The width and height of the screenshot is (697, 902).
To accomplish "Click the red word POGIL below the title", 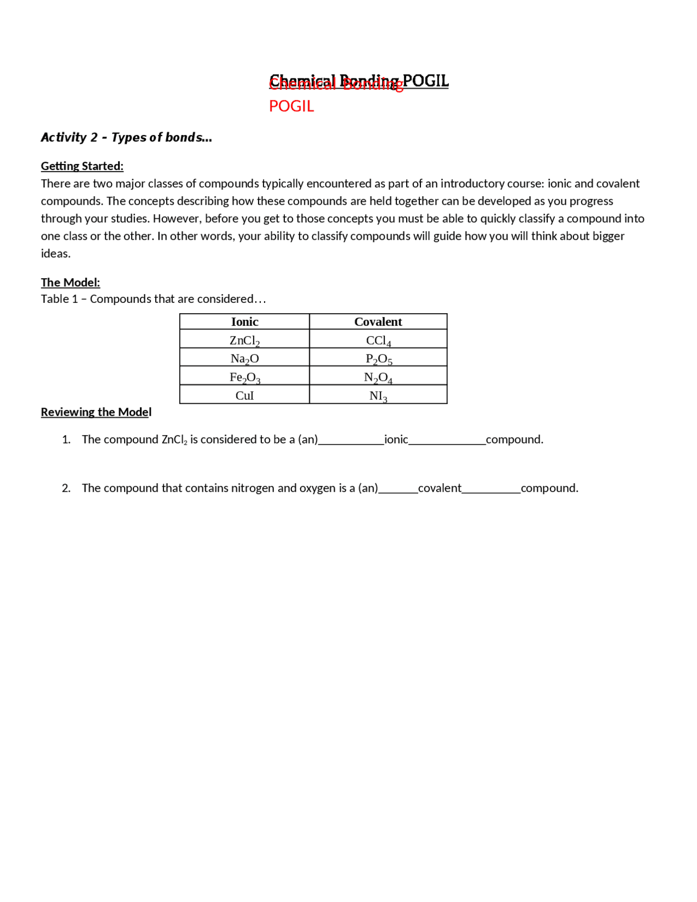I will (x=291, y=106).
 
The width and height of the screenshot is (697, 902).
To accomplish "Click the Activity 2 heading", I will (x=126, y=137).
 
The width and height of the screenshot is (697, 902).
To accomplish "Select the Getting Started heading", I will (x=82, y=166).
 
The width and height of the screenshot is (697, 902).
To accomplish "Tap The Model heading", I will (x=70, y=282).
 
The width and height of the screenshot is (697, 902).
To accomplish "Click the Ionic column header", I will (x=244, y=321).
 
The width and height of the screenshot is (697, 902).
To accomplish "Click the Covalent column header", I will (x=378, y=321).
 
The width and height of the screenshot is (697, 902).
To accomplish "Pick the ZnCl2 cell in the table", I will (x=244, y=340).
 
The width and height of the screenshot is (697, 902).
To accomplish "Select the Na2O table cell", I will (x=244, y=358).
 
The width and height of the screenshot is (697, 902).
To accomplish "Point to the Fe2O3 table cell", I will (x=244, y=377).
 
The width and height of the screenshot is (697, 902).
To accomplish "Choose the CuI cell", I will (x=244, y=395).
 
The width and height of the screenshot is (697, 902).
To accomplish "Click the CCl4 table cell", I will (x=378, y=340).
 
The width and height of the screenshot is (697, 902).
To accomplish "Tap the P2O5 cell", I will (x=378, y=359).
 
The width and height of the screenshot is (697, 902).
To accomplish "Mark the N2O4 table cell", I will (x=378, y=377).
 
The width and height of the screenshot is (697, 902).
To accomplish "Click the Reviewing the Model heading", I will (x=96, y=412).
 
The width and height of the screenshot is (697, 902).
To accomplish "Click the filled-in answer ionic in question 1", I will (x=396, y=439).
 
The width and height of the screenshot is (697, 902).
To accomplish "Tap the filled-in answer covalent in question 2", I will (x=439, y=487).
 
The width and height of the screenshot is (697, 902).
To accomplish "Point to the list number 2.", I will (x=66, y=487).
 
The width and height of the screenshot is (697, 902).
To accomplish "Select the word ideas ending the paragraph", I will (x=55, y=253).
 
